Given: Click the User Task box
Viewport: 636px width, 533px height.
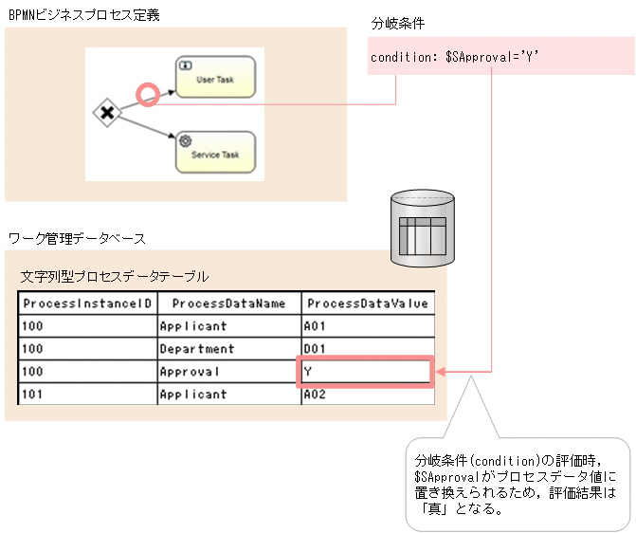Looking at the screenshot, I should pos(215,78).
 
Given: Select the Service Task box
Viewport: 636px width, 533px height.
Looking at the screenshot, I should pos(215,152).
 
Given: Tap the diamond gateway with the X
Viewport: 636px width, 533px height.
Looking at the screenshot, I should pos(107,114).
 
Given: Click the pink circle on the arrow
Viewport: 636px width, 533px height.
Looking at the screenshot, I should pos(147,94).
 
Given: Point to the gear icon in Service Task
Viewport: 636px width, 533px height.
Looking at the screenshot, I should pos(185,140).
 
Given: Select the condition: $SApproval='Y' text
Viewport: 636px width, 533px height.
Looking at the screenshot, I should pos(454,58).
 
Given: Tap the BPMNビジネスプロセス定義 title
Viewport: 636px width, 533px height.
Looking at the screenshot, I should pos(83,13).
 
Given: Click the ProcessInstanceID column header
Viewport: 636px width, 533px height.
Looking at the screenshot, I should pos(87,303).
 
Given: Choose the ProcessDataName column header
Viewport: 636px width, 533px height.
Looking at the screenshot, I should pos(228,303).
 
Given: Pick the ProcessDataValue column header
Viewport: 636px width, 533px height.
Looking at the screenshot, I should pos(367,303).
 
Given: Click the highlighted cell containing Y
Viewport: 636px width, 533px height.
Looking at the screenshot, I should pos(366,372).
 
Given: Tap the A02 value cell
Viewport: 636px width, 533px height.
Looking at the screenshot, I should pos(367,395).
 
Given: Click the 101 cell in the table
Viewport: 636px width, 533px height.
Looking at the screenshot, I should pos(87,395).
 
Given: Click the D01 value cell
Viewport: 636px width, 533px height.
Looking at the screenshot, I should pos(367,349).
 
